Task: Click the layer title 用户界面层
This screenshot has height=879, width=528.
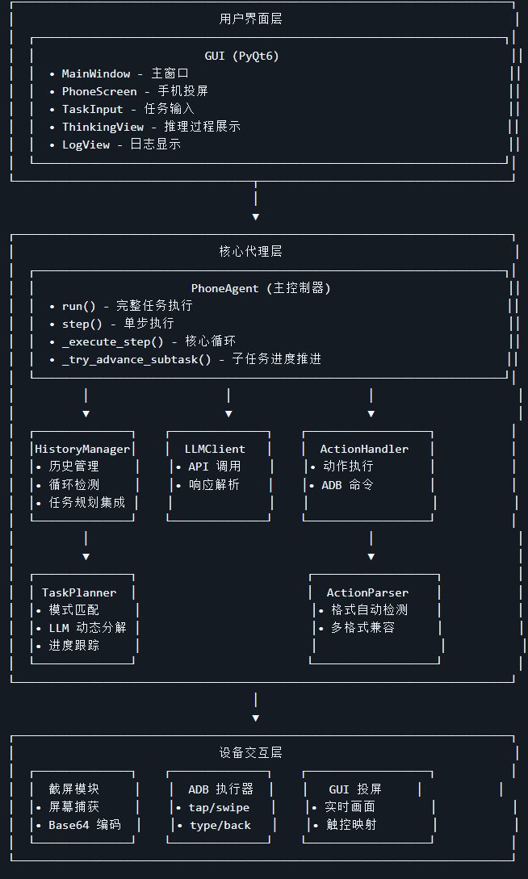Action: coord(250,19)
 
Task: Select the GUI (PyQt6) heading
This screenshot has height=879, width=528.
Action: coord(242,56)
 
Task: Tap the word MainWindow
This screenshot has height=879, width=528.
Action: coord(96,73)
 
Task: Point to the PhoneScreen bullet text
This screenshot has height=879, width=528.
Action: coord(99,91)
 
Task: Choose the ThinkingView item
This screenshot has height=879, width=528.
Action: coord(103,127)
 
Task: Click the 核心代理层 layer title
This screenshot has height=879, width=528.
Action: coord(250,252)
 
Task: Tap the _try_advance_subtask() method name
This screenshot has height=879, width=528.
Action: coord(136,359)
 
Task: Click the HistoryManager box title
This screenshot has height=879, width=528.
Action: coord(82,449)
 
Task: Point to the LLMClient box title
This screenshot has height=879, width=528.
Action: coord(215,449)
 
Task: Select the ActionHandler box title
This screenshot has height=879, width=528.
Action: coord(364,449)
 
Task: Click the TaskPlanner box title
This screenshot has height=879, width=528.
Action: coord(79,592)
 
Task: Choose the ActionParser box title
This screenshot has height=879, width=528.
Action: coord(367,592)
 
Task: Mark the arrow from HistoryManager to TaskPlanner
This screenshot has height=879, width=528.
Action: coord(86,546)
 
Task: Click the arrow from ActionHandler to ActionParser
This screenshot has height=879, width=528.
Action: coord(371,546)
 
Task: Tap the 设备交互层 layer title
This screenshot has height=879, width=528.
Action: coord(250,753)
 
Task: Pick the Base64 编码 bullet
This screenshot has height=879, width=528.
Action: coord(84,825)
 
